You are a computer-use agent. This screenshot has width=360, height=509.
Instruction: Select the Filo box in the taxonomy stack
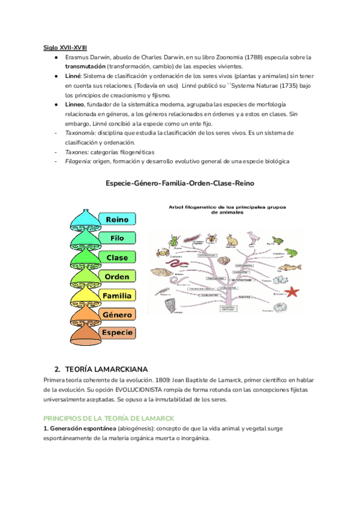point(117,238)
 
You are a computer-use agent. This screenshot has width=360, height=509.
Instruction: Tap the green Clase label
point(117,258)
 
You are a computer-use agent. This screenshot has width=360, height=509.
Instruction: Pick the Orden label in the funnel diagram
point(117,277)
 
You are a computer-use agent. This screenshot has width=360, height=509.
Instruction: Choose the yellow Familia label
point(117,296)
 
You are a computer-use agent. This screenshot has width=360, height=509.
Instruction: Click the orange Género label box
point(117,315)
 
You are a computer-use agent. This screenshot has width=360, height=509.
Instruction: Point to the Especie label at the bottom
point(117,333)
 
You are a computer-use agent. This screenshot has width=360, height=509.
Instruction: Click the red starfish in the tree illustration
point(292,292)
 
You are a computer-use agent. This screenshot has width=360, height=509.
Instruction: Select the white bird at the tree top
point(254,238)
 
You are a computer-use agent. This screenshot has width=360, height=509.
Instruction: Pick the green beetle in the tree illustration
point(175,241)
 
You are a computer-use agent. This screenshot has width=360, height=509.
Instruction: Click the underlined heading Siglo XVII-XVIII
point(65,47)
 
